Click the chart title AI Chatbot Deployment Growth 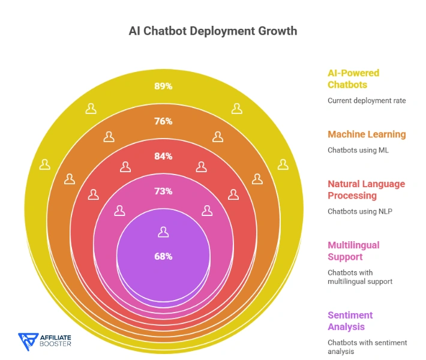[x=213, y=31]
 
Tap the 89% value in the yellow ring [x=163, y=86]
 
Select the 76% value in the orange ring [x=163, y=121]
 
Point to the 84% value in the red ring [x=163, y=156]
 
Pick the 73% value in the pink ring [x=163, y=191]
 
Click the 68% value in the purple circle [x=163, y=256]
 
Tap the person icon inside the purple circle [x=163, y=232]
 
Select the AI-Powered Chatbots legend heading [x=353, y=79]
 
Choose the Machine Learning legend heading [x=367, y=134]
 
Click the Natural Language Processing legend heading [x=366, y=190]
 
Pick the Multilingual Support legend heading [x=353, y=251]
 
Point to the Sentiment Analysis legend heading [x=350, y=321]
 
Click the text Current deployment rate [x=367, y=101]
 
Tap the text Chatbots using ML [x=358, y=150]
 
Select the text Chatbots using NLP [x=360, y=211]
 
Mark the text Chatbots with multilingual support [x=359, y=277]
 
